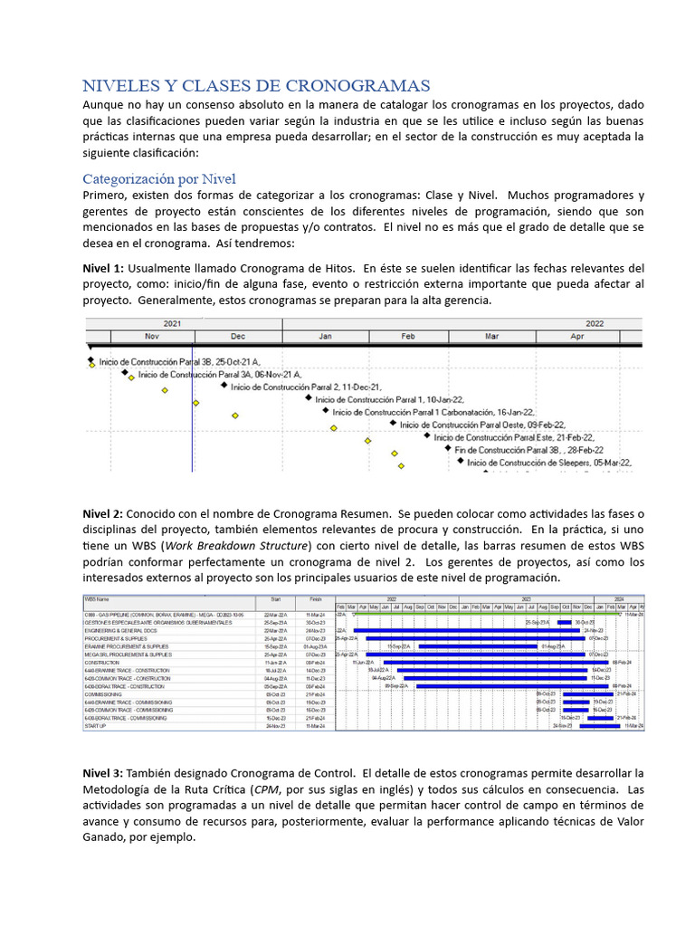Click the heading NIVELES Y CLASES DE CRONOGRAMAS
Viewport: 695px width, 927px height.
256,86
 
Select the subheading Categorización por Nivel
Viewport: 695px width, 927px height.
158,178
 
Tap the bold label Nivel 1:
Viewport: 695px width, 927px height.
103,269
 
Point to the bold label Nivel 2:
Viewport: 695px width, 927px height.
103,513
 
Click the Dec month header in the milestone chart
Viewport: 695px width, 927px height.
237,336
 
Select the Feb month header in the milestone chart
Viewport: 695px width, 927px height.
407,336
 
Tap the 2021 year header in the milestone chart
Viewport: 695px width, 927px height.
172,323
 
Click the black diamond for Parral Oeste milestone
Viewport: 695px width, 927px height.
393,423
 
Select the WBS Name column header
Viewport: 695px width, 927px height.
99,598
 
